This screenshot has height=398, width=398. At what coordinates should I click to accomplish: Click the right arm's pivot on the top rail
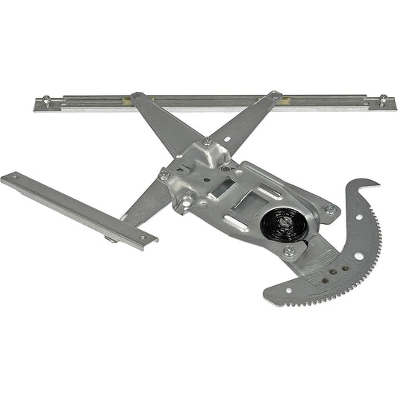pyautogui.click(x=276, y=96)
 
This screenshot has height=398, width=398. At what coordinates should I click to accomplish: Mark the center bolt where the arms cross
pyautogui.click(x=206, y=142)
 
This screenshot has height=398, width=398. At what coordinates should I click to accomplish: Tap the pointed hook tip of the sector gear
pyautogui.click(x=378, y=181)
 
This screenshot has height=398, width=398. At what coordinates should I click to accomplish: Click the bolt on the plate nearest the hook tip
pyautogui.click(x=329, y=210)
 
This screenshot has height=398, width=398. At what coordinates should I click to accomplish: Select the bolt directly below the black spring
pyautogui.click(x=289, y=251)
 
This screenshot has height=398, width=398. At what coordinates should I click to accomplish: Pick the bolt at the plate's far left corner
pyautogui.click(x=164, y=175)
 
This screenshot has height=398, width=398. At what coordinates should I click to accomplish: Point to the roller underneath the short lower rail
pyautogui.click(x=111, y=239)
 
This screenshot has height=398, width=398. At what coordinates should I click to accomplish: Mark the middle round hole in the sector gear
pyautogui.click(x=358, y=256)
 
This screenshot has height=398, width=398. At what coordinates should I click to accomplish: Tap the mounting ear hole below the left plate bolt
pyautogui.click(x=185, y=200)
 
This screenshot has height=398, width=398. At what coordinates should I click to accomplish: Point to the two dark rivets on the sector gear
pyautogui.click(x=338, y=270)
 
